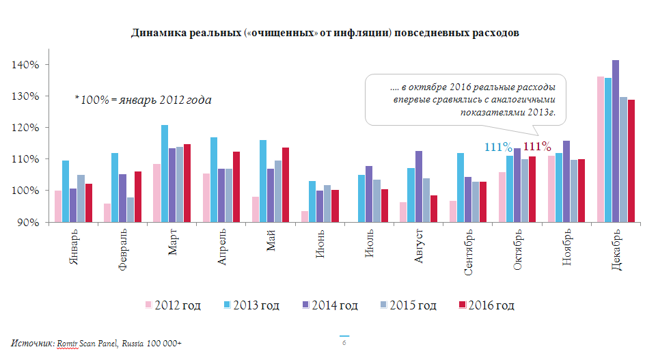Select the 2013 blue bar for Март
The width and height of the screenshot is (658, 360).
click(165, 174)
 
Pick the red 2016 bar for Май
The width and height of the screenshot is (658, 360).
click(285, 184)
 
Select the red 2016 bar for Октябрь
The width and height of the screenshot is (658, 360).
click(532, 189)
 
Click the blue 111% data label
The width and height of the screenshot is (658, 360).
click(498, 147)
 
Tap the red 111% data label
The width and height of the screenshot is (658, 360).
click(537, 146)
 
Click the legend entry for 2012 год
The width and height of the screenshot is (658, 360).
click(172, 305)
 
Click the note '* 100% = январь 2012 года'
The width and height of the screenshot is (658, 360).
click(142, 100)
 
